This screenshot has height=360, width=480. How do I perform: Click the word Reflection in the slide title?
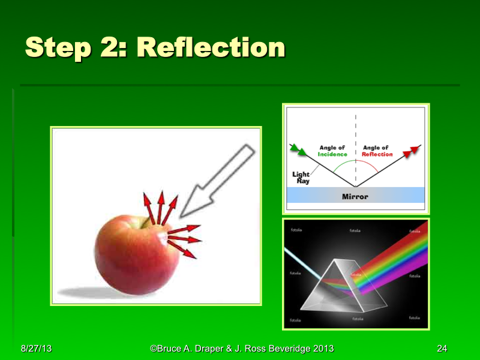click(211, 47)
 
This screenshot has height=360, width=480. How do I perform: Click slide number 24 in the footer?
click(442, 349)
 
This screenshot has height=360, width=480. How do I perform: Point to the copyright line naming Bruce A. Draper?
click(242, 349)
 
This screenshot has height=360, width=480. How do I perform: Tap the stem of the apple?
click(143, 223)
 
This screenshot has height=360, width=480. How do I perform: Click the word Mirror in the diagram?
click(355, 196)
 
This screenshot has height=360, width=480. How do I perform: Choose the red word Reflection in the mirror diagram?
click(377, 154)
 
